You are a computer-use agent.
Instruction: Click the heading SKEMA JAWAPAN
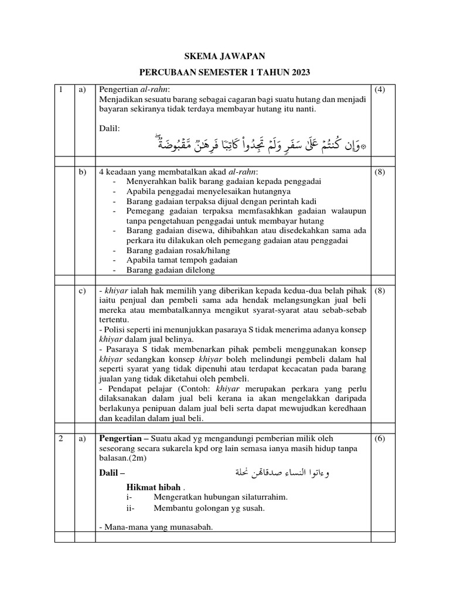point(225,56)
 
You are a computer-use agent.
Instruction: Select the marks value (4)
point(380,90)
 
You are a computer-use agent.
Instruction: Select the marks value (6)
point(380,438)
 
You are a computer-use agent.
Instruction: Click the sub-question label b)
point(81,172)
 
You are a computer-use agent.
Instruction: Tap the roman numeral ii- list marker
point(131,508)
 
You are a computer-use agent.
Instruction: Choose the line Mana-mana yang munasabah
point(156,527)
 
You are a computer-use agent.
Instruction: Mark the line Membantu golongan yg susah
point(209,508)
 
